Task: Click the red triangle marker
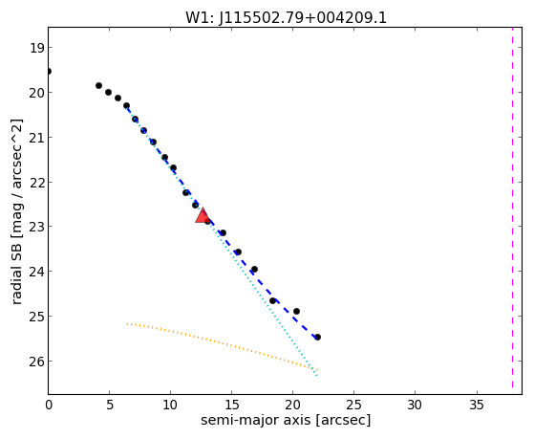(203, 215)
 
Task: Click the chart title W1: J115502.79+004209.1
(286, 18)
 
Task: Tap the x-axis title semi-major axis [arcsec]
(286, 420)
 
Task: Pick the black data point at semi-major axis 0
(49, 72)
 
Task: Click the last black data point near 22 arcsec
(317, 337)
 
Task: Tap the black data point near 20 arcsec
(296, 311)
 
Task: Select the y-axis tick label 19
(36, 48)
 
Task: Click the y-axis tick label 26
(36, 362)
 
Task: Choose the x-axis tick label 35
(476, 406)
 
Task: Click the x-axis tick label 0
(49, 406)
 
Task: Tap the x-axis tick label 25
(353, 406)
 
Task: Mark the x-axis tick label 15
(231, 406)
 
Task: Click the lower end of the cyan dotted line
(317, 376)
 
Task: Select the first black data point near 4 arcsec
(98, 86)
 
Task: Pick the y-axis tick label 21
(36, 138)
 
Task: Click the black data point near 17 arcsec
(254, 269)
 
